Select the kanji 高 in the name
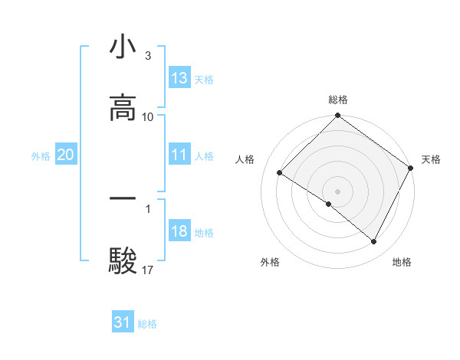123,109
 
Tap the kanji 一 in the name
123,198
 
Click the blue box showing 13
179,78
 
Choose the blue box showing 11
179,155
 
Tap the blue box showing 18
179,231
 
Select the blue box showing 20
66,155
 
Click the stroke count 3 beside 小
147,56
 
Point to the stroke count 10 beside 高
148,117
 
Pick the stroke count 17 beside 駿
148,270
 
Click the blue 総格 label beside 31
147,324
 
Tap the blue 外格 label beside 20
41,155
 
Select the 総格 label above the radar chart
338,100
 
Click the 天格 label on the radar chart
431,159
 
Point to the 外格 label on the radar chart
270,262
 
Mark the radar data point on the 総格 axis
338,116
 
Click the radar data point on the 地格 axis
374,242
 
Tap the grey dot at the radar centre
338,191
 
